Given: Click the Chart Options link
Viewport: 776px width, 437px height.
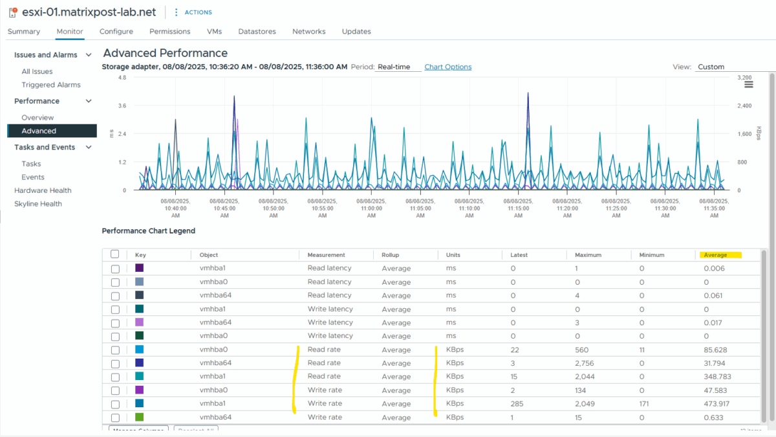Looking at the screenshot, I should coord(447,67).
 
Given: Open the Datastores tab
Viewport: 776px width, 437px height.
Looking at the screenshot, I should coord(257,31).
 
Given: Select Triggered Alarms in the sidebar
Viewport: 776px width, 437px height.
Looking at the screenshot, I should coord(51,85).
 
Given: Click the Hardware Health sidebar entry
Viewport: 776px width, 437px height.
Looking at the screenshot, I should coord(43,190).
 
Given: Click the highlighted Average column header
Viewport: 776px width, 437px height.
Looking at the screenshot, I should coord(715,255).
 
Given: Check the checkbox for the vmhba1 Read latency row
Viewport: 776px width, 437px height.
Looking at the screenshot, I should coord(115,269).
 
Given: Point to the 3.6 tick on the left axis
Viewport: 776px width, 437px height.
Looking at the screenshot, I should coord(122,106).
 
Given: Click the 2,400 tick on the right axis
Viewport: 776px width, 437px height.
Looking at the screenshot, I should coord(744,106).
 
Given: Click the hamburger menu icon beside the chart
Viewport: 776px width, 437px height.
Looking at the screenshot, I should coord(749,85).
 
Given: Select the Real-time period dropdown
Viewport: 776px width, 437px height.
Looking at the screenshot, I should coord(398,67).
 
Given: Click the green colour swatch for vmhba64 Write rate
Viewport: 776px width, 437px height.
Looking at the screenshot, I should coord(140,418).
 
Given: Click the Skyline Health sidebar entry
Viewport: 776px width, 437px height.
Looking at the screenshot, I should coord(38,204).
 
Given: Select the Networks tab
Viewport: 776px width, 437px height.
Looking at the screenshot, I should coord(308,31).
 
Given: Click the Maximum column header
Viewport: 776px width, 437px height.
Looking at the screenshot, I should coord(588,255).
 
